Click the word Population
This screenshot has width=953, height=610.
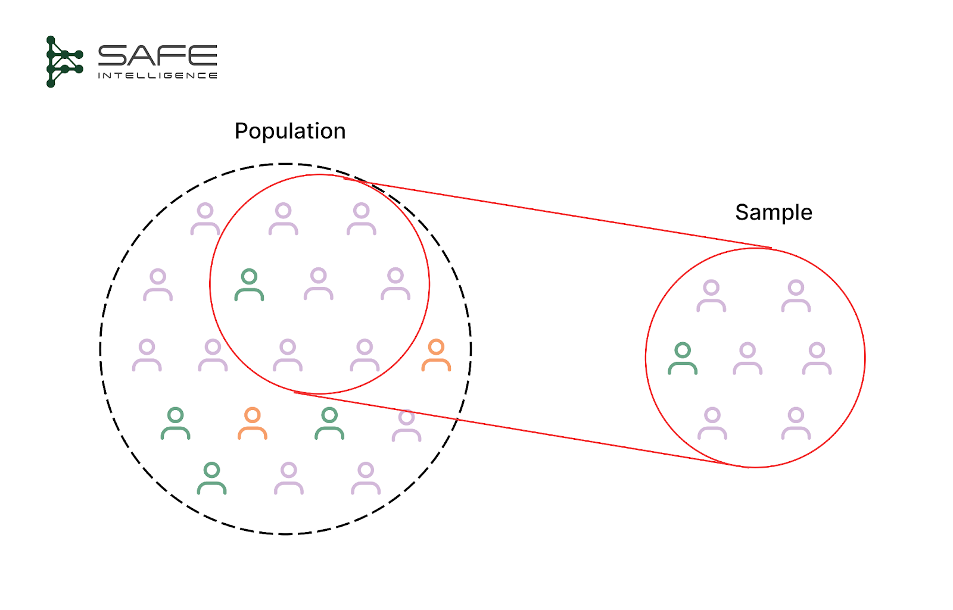click(290, 132)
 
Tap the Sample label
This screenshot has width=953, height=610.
click(773, 212)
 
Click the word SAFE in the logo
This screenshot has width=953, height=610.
click(157, 56)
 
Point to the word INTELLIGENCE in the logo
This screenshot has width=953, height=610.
click(157, 76)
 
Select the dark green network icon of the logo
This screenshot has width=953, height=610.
click(63, 61)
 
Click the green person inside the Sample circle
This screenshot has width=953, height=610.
click(683, 358)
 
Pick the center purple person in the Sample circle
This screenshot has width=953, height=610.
click(748, 358)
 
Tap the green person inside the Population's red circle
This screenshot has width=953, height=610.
click(249, 285)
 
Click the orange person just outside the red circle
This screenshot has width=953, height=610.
click(436, 355)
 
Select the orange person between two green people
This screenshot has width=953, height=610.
click(253, 423)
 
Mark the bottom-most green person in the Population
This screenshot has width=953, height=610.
click(211, 478)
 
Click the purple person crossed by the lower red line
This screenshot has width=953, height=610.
click(406, 425)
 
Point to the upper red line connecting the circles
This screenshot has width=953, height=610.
click(560, 213)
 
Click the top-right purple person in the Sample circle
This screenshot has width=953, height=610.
click(796, 296)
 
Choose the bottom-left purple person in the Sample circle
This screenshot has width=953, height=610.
click(712, 423)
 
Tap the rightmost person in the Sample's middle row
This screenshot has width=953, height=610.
click(817, 358)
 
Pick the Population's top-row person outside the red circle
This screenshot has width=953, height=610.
click(205, 219)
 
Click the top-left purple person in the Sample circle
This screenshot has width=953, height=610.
click(711, 296)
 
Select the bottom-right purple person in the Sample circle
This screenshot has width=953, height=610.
click(796, 423)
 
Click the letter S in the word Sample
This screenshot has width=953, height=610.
click(742, 212)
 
